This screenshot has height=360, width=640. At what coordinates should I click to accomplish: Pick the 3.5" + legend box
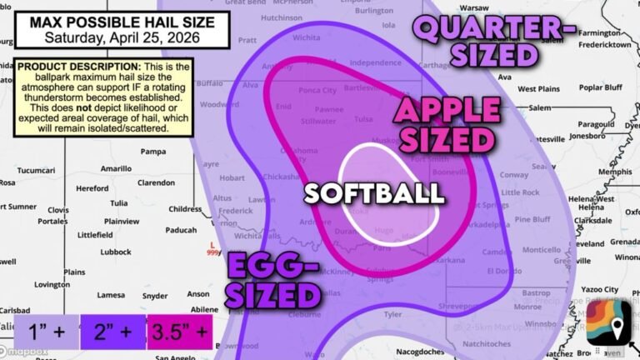tap(179, 332)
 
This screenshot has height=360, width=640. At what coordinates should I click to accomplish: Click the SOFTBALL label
tap(373, 193)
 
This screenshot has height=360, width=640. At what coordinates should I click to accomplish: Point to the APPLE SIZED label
tap(447, 123)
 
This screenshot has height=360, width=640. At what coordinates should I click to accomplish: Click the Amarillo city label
tap(116, 168)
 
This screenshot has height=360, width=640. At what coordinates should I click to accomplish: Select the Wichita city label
tap(307, 37)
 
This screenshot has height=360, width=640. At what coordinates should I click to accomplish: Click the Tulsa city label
tap(362, 119)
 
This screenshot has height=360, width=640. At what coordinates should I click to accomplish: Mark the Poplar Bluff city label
tap(602, 87)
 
